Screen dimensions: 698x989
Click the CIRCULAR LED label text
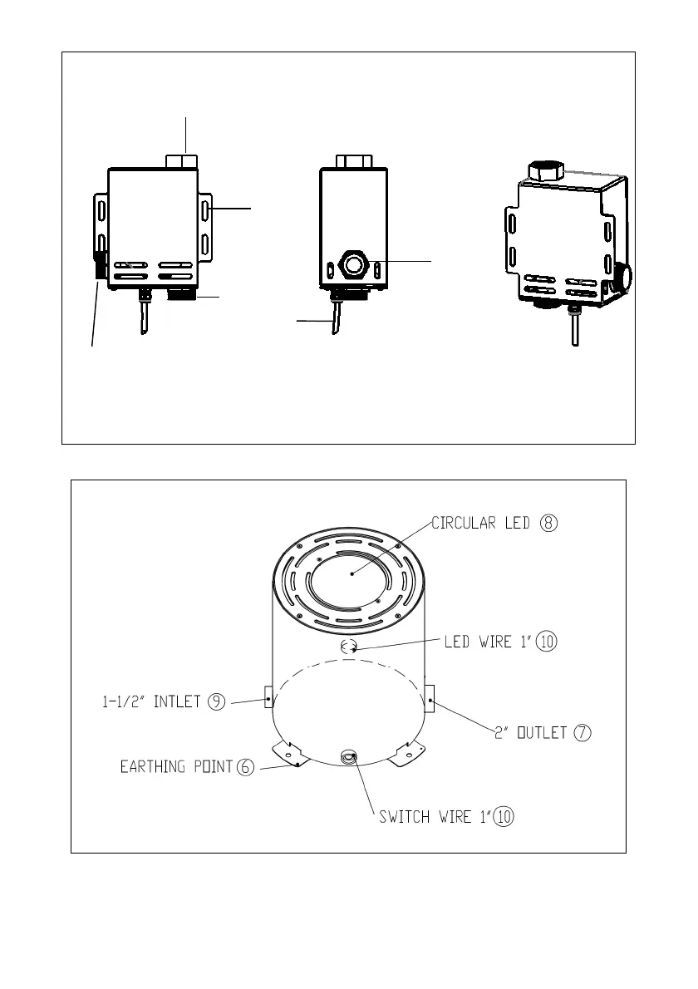point(480,523)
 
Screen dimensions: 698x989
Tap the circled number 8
point(549,523)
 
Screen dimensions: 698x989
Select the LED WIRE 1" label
point(488,642)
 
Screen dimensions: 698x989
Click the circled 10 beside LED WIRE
point(547,642)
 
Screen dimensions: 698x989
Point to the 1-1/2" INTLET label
point(151,701)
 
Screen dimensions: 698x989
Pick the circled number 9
point(216,701)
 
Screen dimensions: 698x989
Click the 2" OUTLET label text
point(531,732)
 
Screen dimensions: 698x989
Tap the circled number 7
point(582,732)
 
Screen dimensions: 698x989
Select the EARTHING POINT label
point(176,766)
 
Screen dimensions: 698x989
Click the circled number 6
point(245,766)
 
